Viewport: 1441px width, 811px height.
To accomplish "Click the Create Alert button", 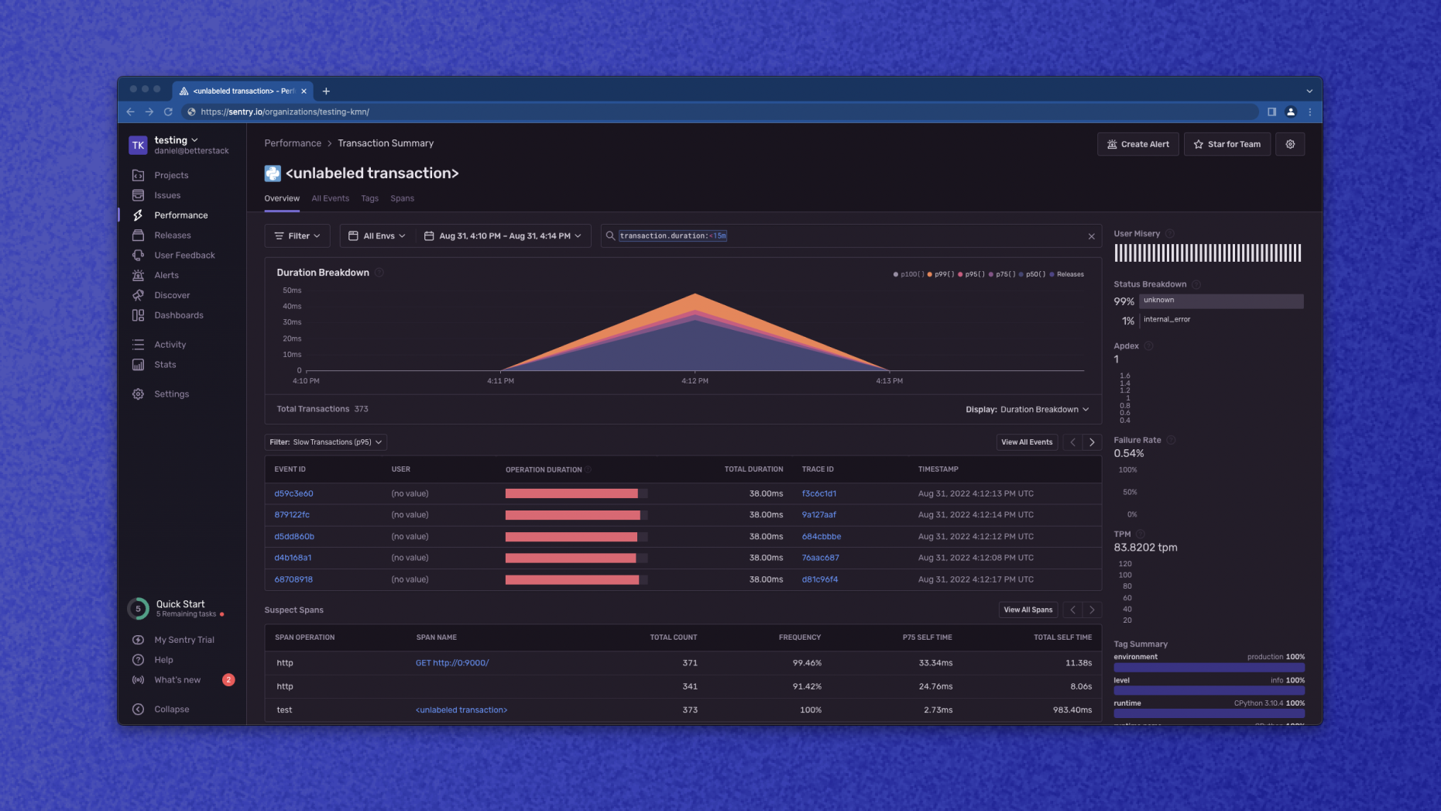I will click(1137, 144).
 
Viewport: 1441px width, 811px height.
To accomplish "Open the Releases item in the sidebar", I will click(172, 235).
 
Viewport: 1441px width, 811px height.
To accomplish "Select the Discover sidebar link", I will click(171, 295).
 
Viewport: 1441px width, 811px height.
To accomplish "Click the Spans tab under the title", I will click(402, 198).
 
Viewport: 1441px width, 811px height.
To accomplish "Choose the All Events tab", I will click(330, 198).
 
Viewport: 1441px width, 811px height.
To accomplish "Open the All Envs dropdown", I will click(377, 236).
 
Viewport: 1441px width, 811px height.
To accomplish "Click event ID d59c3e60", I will click(293, 493).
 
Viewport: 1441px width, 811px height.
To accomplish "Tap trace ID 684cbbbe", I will click(821, 536).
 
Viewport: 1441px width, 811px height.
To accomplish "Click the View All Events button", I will click(1027, 442).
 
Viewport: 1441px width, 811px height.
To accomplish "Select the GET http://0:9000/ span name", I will click(452, 663).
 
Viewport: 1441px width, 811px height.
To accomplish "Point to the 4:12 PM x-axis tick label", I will click(695, 381).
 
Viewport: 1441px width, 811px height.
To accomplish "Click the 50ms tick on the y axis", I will click(292, 290).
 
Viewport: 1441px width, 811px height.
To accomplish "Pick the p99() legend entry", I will click(941, 274).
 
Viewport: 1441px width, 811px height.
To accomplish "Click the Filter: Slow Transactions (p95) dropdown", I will click(325, 442).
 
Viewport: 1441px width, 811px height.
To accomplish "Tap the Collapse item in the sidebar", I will click(171, 710).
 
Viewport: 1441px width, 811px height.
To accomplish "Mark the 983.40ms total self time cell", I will click(1072, 710).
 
